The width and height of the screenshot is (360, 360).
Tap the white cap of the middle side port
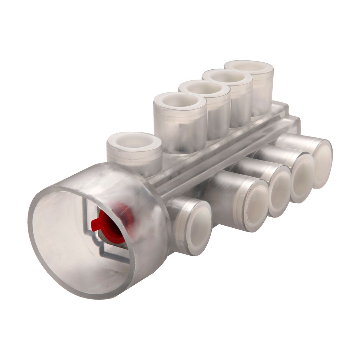[279, 191]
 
